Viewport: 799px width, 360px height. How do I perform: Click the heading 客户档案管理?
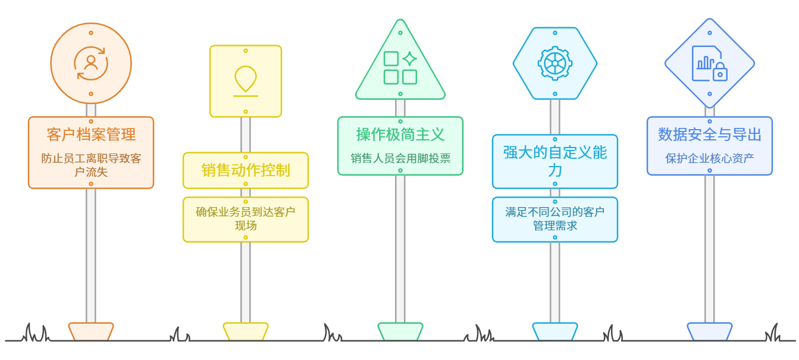91,134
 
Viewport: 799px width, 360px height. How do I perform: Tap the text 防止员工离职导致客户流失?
91,165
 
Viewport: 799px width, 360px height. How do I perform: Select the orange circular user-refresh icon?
91,63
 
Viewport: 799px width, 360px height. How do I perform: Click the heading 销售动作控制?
246,170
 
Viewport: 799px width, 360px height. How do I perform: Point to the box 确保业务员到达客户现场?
246,219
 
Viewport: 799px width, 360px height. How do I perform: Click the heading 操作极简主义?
400,134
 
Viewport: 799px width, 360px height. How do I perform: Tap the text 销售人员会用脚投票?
400,158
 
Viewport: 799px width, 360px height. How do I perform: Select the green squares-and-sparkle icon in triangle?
400,68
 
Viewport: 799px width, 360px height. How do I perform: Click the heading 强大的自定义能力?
555,161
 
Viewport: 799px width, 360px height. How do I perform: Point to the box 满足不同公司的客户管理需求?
555,219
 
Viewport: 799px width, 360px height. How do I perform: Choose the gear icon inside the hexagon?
555,63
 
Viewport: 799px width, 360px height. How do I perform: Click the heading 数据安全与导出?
710,134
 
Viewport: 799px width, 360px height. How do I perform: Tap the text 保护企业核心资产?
710,158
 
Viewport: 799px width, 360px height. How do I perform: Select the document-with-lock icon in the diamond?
710,63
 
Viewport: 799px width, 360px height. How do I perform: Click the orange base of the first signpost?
91,331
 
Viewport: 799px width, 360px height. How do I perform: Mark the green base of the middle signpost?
400,331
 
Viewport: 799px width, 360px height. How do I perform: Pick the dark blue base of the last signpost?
710,331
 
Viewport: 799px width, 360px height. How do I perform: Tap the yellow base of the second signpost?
246,331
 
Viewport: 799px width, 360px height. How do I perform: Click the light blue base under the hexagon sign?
555,331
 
